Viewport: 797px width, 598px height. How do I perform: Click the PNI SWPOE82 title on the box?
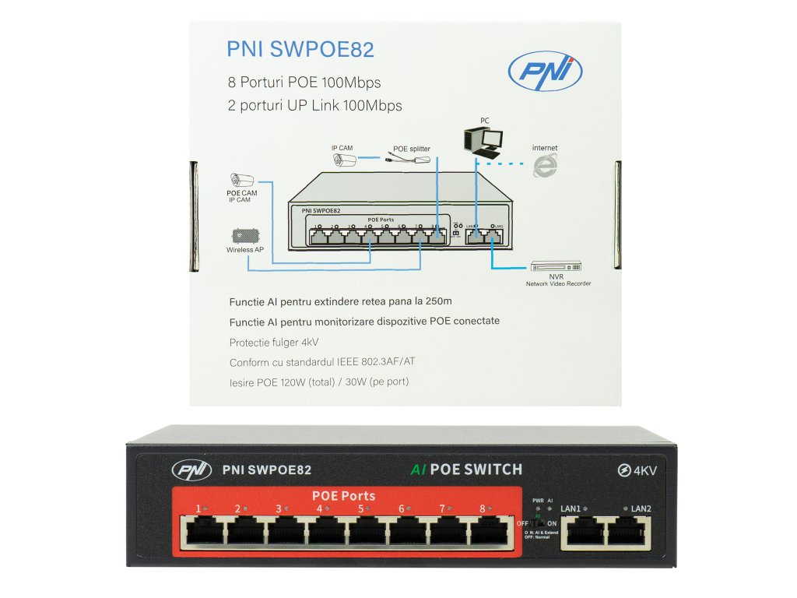coord(300,50)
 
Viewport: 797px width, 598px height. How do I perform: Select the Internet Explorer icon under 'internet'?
coord(545,165)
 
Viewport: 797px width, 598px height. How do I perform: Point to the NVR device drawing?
coord(555,266)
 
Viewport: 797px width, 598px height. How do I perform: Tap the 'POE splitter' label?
coord(412,148)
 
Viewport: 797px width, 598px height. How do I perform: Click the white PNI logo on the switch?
coord(191,470)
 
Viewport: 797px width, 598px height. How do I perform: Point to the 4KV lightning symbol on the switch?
coord(623,470)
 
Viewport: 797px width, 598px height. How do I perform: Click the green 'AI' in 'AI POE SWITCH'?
coord(418,470)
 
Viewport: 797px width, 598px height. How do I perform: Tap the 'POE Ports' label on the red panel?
coord(343,495)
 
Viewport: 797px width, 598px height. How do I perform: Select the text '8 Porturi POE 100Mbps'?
coord(304,83)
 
